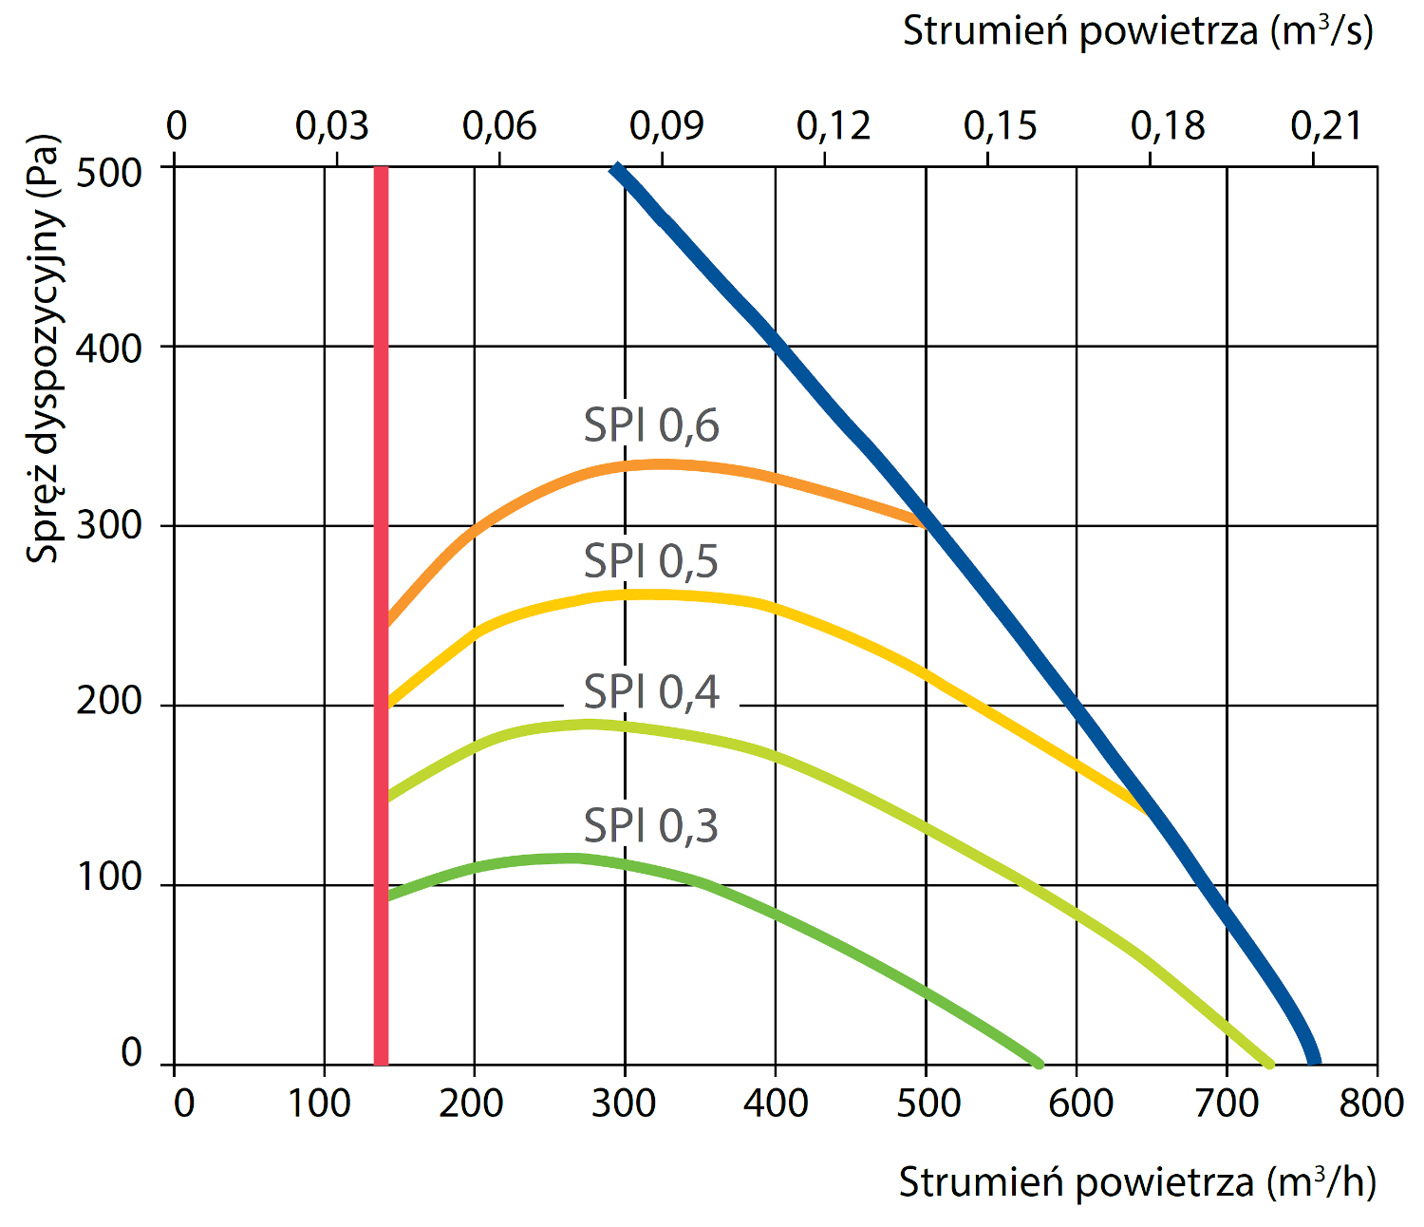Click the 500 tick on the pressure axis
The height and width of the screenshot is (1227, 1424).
(108, 173)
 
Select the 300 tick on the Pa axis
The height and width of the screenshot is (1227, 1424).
(108, 524)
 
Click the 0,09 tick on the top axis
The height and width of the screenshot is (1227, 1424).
(666, 125)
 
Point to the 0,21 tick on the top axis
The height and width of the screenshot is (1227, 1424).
(1326, 125)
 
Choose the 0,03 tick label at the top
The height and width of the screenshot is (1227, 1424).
(332, 125)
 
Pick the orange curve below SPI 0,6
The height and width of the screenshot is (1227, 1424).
(665, 464)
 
